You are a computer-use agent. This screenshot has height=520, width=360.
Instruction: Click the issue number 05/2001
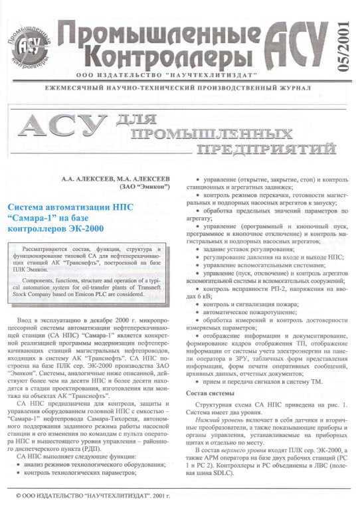[x=342, y=44]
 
